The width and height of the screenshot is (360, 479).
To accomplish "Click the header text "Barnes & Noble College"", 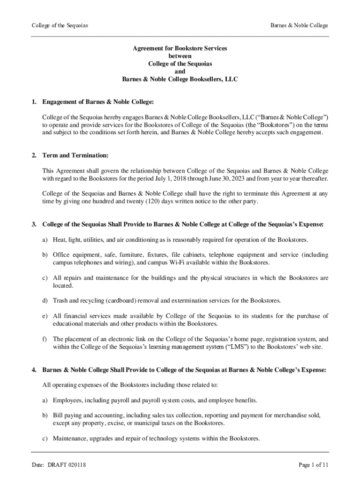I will (x=299, y=25).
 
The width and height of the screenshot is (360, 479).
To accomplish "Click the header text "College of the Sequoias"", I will (x=59, y=25).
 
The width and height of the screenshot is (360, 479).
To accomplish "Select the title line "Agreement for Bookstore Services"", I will (x=180, y=48).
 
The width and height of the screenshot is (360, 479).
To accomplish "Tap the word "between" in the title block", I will (x=180, y=56).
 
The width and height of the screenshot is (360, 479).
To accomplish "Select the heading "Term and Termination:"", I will (x=75, y=155).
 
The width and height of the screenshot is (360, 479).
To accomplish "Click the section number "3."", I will (x=34, y=225).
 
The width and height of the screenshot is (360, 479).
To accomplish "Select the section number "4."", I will (x=34, y=370).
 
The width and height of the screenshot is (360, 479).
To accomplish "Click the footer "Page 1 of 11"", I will (x=313, y=465).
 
